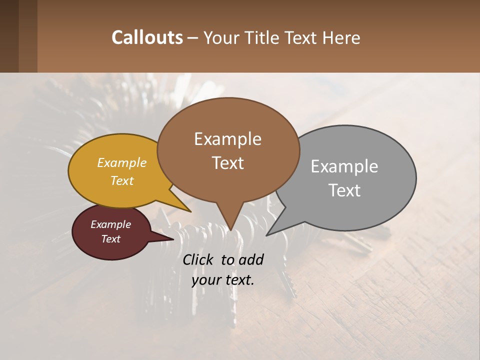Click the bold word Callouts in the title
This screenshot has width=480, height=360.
coord(147,37)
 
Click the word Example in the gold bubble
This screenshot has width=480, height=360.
coord(122,162)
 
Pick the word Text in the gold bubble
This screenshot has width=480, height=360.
coord(122,180)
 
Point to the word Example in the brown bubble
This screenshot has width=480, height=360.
coord(227,138)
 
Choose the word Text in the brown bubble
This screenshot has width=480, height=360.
coord(227,162)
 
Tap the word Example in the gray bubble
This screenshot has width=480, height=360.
coord(344,166)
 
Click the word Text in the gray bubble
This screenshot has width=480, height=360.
coord(344,190)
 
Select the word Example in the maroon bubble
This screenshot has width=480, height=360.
coord(110,224)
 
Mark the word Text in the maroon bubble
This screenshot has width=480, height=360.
coord(110,239)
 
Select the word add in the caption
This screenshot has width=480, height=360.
coord(251,259)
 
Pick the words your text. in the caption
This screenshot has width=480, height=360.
coord(223,280)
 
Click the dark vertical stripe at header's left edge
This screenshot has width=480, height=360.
coord(9,36)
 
